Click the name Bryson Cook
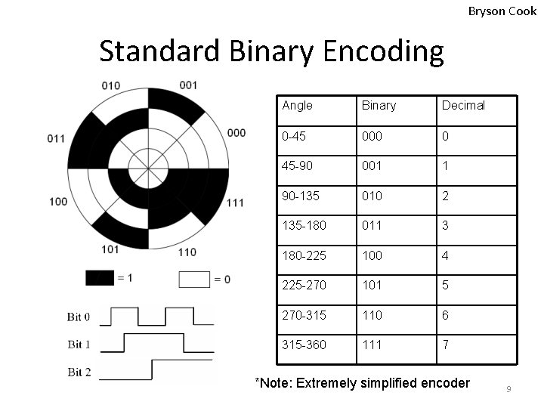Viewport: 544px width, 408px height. coord(502,11)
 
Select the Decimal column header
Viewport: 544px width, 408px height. coord(463,106)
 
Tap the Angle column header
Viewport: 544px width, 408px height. coord(297,106)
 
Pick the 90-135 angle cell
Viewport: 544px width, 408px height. coord(300,196)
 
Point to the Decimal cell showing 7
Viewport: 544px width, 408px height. coord(446,345)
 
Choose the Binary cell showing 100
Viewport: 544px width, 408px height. coord(372,255)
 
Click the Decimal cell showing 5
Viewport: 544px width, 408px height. coord(446,285)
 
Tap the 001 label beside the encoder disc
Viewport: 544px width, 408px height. coord(189,85)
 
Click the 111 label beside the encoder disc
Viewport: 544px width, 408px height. coord(235,202)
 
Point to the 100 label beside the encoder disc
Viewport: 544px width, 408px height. coord(58,201)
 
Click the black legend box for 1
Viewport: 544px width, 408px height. coord(99,278)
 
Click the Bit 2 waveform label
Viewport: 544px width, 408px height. coord(79,372)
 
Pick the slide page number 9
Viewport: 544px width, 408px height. coord(508,389)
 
